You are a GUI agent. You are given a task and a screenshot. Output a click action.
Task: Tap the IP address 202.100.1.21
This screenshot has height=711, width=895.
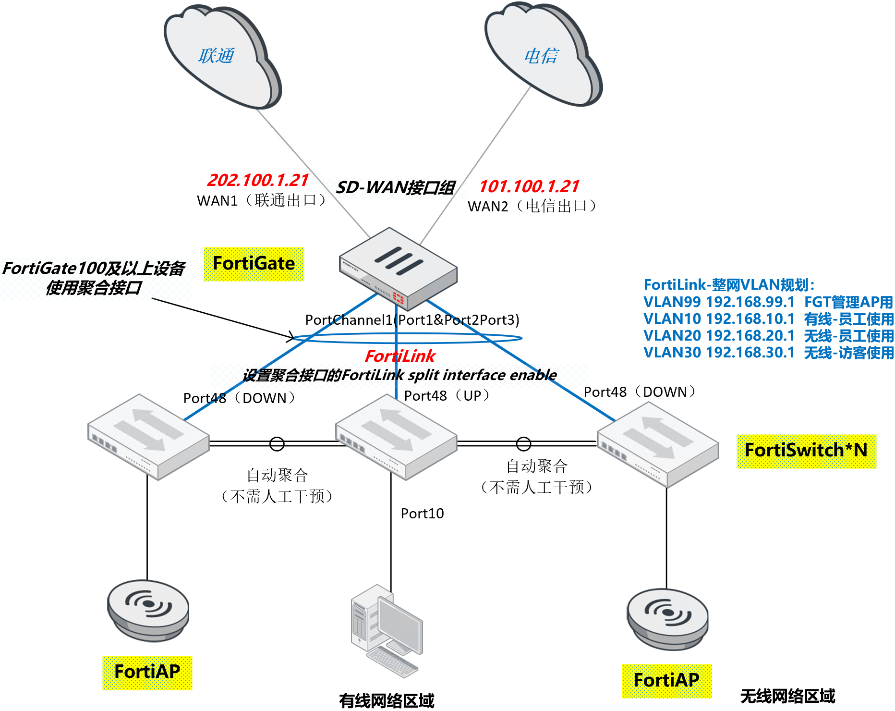[258, 180]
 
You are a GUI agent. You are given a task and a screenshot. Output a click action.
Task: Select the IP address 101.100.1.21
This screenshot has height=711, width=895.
[529, 186]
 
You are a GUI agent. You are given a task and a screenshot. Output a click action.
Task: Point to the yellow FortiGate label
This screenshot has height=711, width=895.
[254, 264]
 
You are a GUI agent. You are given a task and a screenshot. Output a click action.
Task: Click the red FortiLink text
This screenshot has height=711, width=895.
[399, 356]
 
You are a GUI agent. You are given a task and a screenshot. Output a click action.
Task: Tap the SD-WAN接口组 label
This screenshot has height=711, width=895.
[395, 187]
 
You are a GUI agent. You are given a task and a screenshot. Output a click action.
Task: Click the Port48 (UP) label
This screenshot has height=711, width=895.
[447, 395]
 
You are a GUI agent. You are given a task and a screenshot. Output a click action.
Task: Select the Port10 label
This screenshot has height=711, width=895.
[422, 514]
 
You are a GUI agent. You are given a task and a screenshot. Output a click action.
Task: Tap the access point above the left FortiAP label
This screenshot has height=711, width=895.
[148, 610]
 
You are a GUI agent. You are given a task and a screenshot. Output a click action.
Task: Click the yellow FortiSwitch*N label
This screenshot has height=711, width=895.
[806, 451]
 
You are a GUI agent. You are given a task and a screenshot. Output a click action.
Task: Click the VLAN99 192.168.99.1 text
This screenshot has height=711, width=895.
[719, 302]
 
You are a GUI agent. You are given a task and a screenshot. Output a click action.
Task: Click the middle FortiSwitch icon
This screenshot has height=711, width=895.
[396, 437]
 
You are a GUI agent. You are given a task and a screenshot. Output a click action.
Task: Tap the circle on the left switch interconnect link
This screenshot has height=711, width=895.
[277, 443]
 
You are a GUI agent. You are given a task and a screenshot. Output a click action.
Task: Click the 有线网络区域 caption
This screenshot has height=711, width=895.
[387, 700]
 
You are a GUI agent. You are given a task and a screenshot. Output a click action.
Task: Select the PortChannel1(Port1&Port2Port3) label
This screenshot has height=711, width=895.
[412, 320]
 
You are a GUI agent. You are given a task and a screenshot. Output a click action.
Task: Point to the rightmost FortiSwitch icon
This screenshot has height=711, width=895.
[657, 444]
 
